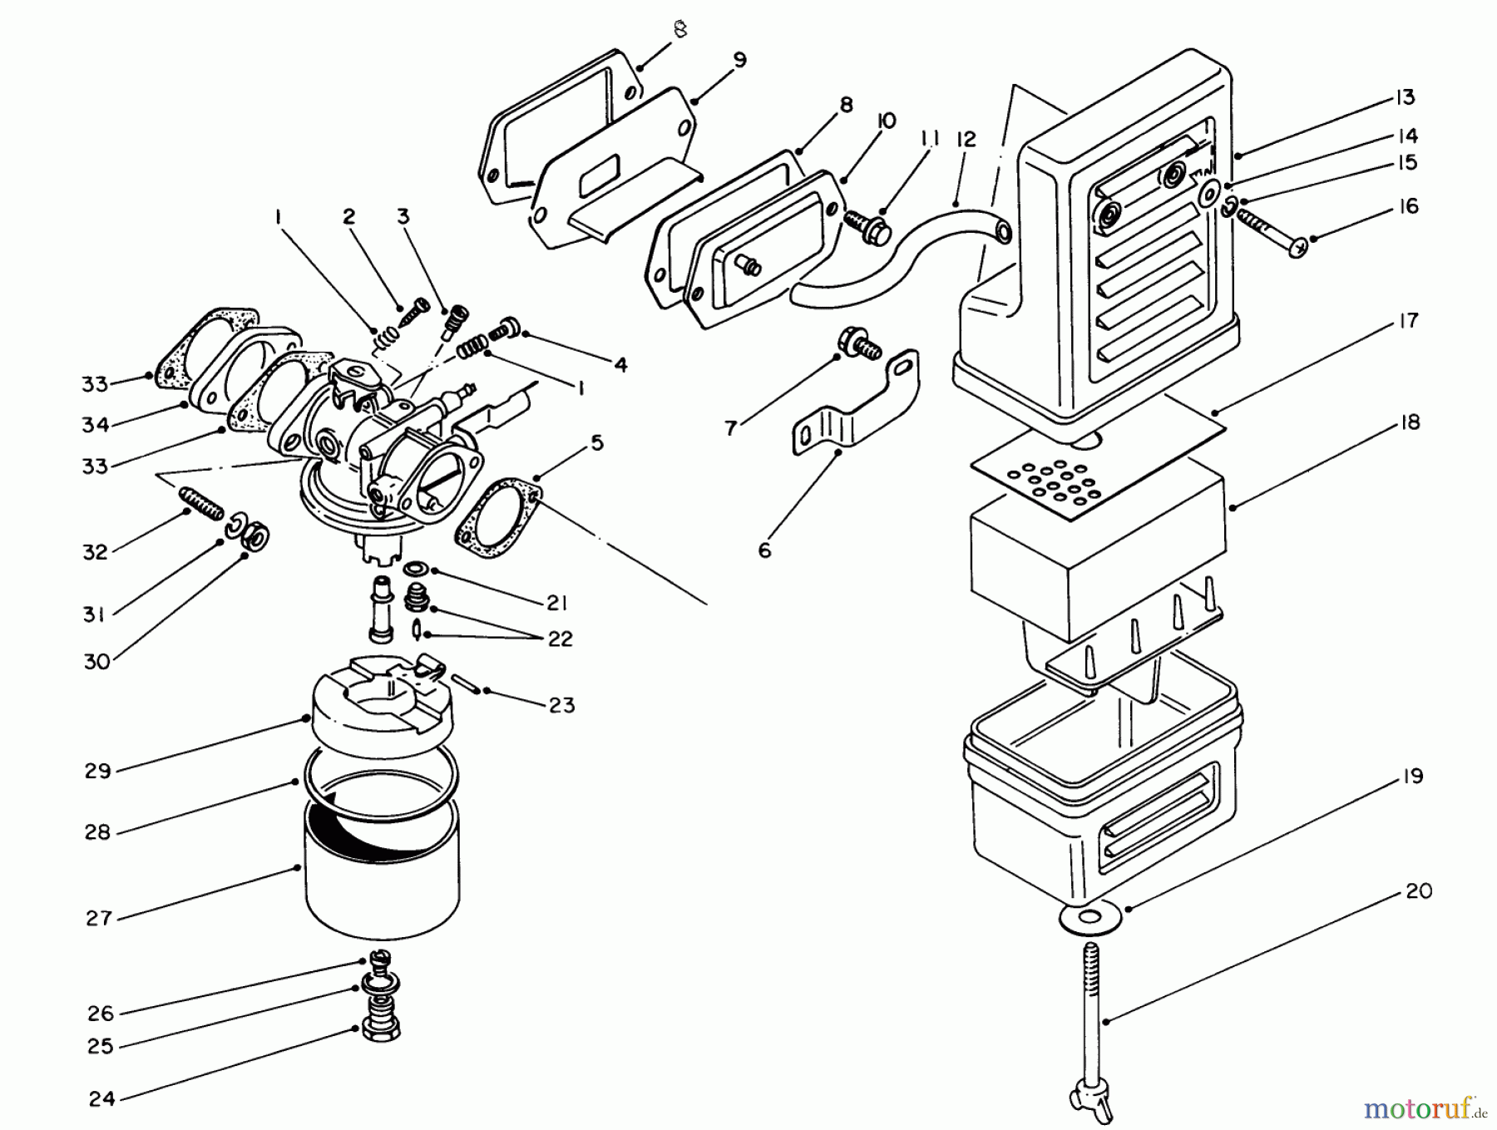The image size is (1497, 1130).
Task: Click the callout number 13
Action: (1404, 98)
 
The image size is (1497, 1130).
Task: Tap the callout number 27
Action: (98, 918)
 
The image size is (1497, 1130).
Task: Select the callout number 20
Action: (1418, 891)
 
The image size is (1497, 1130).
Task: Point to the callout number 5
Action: (597, 443)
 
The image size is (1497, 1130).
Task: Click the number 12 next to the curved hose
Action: (966, 140)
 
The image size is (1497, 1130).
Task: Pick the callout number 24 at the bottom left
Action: (101, 1099)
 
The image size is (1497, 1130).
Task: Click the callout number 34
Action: (96, 425)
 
